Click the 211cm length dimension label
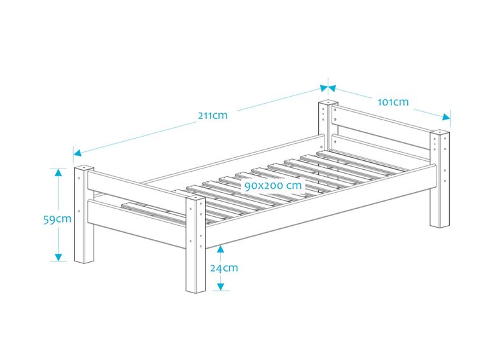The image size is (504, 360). tap(213, 116)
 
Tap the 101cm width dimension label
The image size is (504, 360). tap(393, 102)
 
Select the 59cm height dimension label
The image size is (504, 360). tap(57, 219)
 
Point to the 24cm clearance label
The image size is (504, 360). tap(224, 268)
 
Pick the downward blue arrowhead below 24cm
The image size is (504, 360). tap(220, 286)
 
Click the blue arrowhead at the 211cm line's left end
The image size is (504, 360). tap(78, 153)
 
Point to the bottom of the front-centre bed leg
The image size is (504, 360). tap(195, 290)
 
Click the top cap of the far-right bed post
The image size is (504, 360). tap(439, 134)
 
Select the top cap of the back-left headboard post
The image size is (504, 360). tap(327, 102)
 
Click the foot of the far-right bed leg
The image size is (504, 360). tap(438, 225)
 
